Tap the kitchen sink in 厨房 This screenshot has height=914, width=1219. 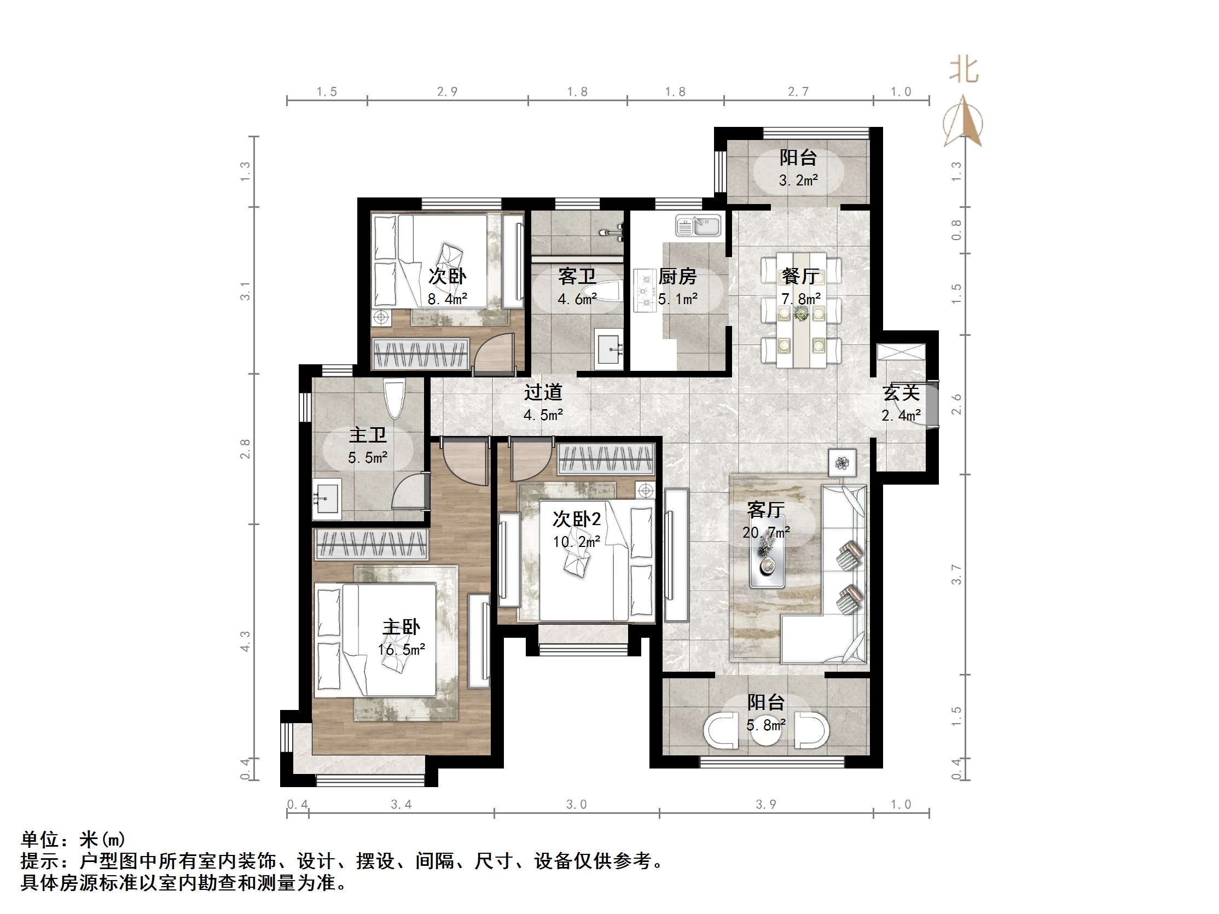(x=698, y=226)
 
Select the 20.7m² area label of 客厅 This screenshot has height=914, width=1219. (x=766, y=533)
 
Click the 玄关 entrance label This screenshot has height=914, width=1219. (x=901, y=393)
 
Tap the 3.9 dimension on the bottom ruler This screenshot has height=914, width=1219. (x=765, y=805)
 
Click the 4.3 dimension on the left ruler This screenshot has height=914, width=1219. (x=245, y=641)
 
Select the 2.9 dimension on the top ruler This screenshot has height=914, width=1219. (x=447, y=91)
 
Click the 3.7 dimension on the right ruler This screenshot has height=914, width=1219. (x=956, y=575)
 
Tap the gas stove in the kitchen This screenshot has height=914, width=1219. (x=643, y=290)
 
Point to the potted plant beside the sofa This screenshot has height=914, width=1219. (x=842, y=463)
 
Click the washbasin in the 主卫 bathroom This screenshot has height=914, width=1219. (x=327, y=499)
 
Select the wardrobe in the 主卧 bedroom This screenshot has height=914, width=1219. (x=371, y=544)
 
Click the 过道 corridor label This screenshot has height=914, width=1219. (x=543, y=392)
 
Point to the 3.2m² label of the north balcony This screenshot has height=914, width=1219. (x=798, y=180)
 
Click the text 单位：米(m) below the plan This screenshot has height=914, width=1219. (x=73, y=839)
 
